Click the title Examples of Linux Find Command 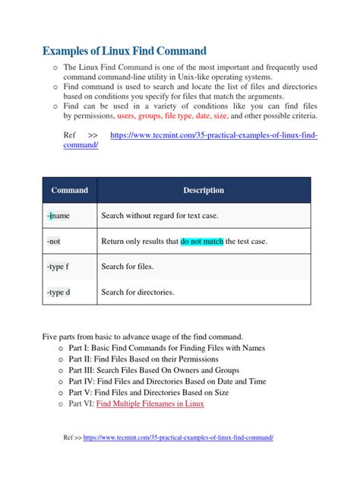tap(124, 52)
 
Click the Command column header tap(69, 190)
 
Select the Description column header tap(203, 190)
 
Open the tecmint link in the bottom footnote tap(178, 438)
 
